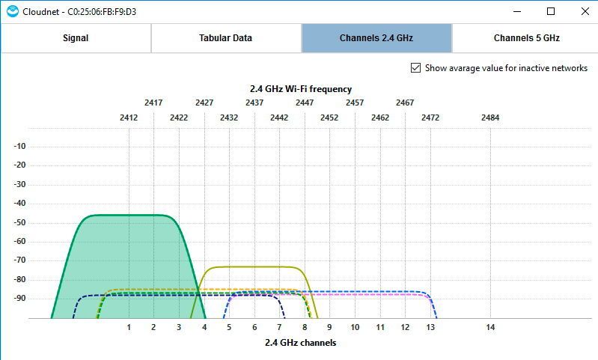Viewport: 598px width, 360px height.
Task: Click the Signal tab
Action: [x=76, y=38]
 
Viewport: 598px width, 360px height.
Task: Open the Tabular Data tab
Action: [x=225, y=38]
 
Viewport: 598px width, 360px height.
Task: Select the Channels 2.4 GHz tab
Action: [x=376, y=38]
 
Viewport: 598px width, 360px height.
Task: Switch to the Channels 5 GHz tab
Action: [x=526, y=38]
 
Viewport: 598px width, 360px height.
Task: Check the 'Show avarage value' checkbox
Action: [x=416, y=68]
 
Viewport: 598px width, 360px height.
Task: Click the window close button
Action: [x=585, y=11]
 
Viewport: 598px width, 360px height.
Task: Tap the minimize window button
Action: [x=517, y=11]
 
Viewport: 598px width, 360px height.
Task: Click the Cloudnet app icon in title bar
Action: [x=12, y=11]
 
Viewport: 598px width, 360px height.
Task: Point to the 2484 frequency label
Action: [x=490, y=118]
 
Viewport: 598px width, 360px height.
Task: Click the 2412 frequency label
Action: [x=129, y=118]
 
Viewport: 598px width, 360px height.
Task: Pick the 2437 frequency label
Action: [x=254, y=103]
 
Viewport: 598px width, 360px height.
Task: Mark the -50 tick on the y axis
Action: [x=20, y=222]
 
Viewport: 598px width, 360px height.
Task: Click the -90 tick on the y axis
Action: [x=20, y=298]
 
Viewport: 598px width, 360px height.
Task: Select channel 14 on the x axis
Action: [x=490, y=327]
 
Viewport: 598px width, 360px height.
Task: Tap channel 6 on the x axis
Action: [x=254, y=327]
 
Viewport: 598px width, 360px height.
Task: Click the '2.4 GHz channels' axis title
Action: [x=300, y=343]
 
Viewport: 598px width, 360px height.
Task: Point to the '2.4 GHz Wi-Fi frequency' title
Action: [x=300, y=88]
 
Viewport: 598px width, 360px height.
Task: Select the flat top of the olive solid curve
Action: [x=254, y=266]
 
